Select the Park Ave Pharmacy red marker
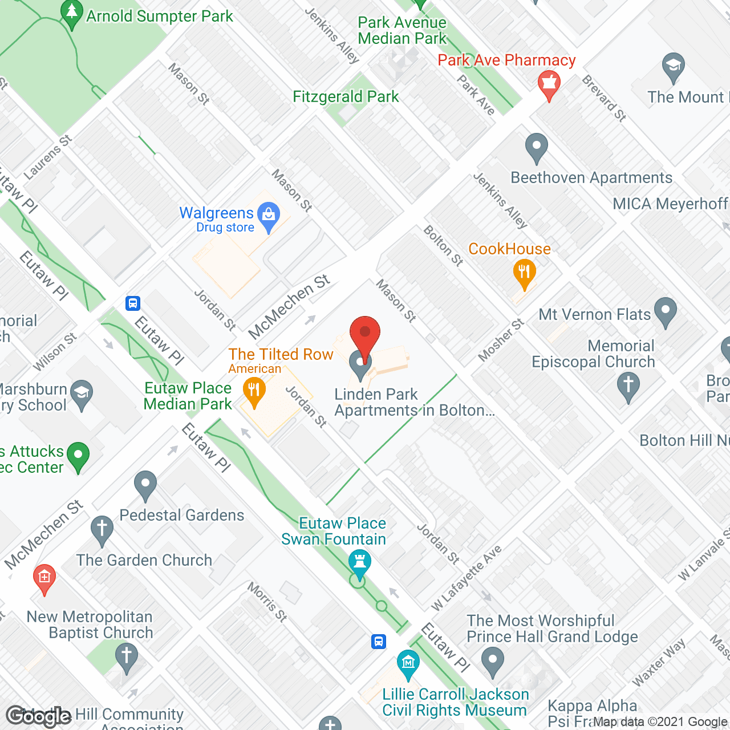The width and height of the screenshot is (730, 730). (549, 84)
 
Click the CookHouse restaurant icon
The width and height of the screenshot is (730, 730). (524, 273)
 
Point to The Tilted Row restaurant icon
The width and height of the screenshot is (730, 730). (254, 391)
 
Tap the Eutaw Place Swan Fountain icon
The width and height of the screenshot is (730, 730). (359, 561)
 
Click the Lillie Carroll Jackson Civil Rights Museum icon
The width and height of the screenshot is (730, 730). (408, 663)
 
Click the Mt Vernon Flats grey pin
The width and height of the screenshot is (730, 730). (665, 311)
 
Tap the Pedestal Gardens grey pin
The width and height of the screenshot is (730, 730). (145, 484)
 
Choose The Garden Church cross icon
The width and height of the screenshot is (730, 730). (102, 529)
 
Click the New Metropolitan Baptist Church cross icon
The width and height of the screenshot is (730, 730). (127, 657)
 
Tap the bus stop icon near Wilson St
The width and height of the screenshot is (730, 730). (133, 303)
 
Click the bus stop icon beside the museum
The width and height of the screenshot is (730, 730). (378, 641)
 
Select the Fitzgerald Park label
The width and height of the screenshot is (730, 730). (346, 96)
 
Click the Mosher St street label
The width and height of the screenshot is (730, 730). (501, 340)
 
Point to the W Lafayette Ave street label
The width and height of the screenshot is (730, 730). (467, 577)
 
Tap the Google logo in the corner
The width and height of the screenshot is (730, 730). (38, 716)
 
